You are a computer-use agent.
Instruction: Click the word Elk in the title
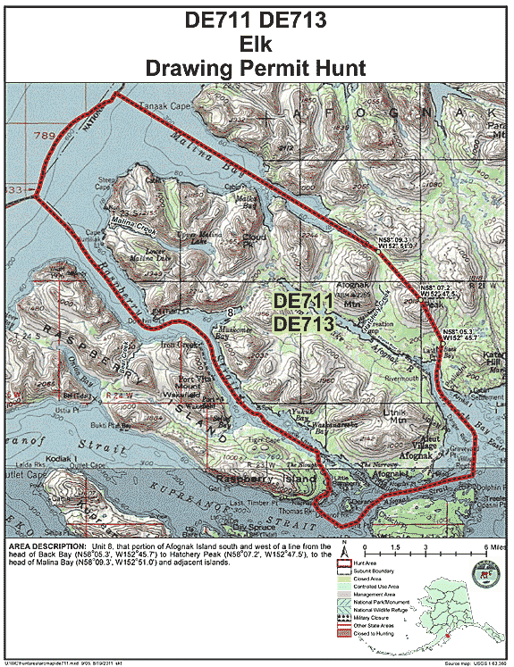click(x=257, y=43)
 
